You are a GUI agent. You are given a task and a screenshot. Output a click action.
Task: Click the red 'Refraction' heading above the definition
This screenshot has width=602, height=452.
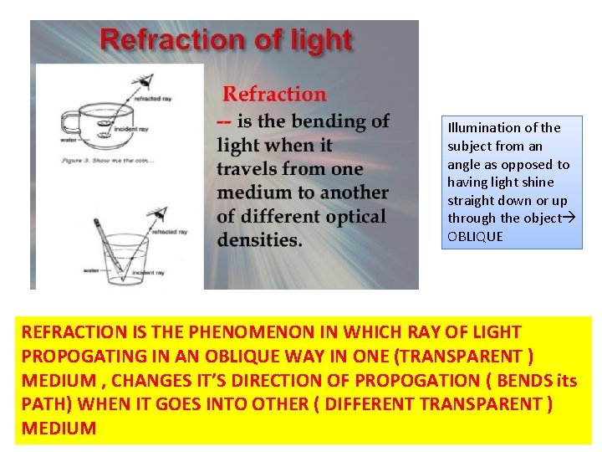274,94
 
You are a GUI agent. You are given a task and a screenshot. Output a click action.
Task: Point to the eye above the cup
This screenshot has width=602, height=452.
147,81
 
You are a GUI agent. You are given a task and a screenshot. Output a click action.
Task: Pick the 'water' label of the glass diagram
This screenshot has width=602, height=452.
91,270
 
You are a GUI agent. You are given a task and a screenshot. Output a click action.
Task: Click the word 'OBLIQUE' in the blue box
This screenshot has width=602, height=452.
475,236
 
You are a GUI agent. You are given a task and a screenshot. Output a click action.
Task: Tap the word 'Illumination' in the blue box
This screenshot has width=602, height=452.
484,128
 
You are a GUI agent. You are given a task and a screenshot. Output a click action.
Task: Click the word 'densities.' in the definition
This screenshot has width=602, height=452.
259,239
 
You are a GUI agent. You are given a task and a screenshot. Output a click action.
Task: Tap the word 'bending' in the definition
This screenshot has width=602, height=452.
323,121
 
